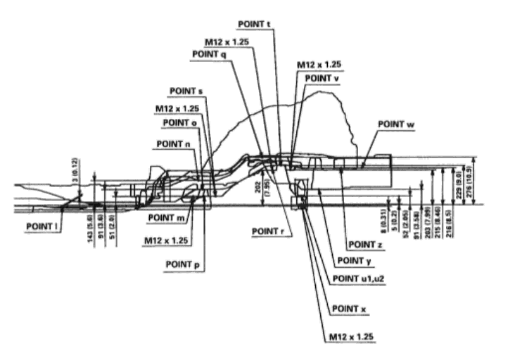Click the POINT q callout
(x=208, y=54)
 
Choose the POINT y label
(x=355, y=260)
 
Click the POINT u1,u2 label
(x=357, y=278)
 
